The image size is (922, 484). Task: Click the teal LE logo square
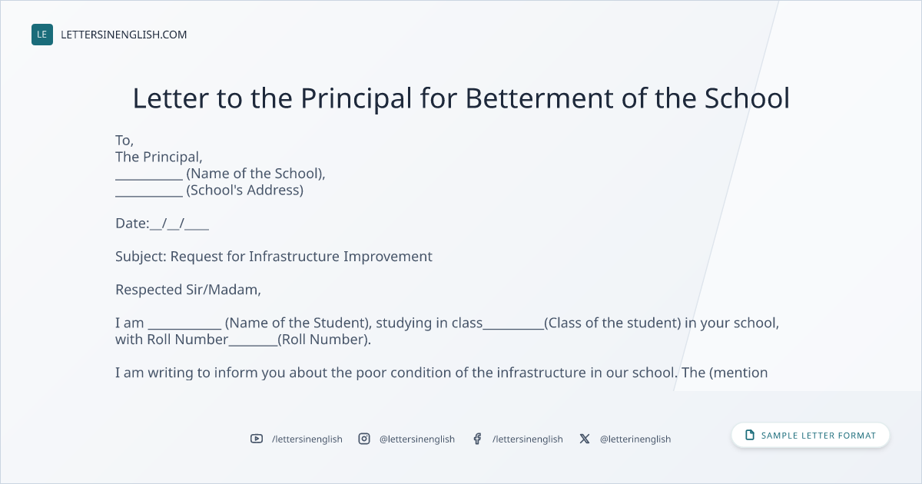(x=42, y=35)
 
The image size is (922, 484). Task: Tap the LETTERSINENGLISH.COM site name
(x=124, y=35)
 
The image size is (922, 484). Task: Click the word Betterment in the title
(x=539, y=98)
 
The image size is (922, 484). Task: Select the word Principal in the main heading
(x=356, y=99)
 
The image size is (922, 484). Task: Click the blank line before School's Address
(x=149, y=196)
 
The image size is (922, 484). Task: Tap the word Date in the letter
(x=131, y=224)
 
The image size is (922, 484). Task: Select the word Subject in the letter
(x=140, y=257)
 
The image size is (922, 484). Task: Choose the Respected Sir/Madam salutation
(x=188, y=290)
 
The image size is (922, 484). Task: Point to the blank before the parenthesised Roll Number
(x=253, y=345)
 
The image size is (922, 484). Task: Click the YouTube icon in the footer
(x=257, y=439)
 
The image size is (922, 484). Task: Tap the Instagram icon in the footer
(x=364, y=439)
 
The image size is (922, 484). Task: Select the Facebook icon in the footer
(x=477, y=439)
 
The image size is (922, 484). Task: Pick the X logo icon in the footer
(x=585, y=439)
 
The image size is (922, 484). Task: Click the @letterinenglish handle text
(x=635, y=439)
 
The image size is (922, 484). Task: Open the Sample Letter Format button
(x=810, y=436)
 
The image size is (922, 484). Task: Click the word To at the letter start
(x=123, y=141)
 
